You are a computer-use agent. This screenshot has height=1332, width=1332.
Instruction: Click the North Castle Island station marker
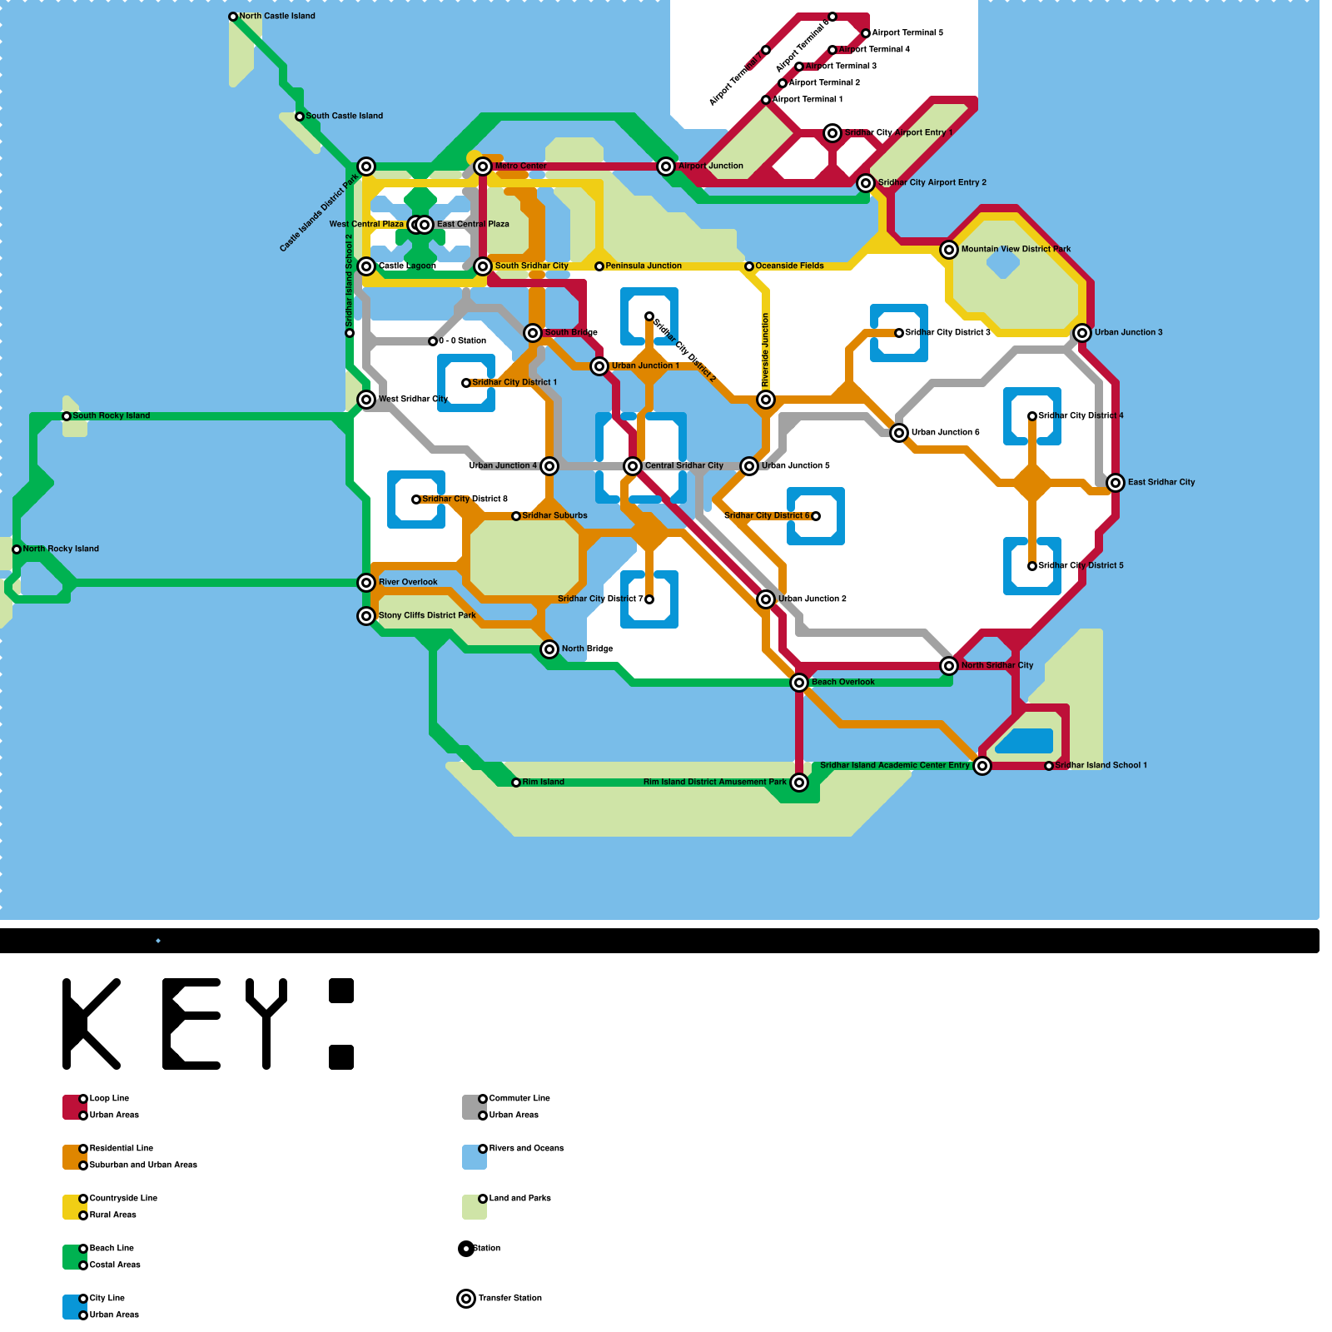pos(233,17)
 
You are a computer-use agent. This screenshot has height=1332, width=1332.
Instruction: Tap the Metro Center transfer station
pos(483,166)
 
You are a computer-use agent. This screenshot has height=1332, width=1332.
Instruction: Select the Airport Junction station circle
pos(666,166)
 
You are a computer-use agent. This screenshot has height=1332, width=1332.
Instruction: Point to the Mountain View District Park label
pos(1016,249)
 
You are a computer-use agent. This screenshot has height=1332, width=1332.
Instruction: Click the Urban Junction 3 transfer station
pos(1082,333)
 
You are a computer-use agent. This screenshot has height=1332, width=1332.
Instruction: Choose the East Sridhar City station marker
pos(1116,483)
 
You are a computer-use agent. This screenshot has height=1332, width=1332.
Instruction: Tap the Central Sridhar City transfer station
pos(633,466)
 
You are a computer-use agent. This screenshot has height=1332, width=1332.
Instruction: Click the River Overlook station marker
pos(366,583)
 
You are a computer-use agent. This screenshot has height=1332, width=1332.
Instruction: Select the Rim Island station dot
pos(516,783)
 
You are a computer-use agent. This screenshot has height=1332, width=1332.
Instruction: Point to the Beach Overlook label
pos(842,682)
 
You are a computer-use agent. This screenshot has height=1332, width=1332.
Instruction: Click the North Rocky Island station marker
pos(17,549)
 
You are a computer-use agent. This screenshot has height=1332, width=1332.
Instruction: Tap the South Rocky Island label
pos(111,415)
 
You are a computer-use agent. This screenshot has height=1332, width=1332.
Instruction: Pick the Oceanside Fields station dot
pos(749,266)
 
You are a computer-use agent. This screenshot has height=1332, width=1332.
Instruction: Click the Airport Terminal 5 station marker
pos(866,33)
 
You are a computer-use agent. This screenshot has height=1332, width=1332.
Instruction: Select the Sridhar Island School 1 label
pos(1101,765)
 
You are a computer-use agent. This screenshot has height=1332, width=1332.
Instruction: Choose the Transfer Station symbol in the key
pos(466,1299)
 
